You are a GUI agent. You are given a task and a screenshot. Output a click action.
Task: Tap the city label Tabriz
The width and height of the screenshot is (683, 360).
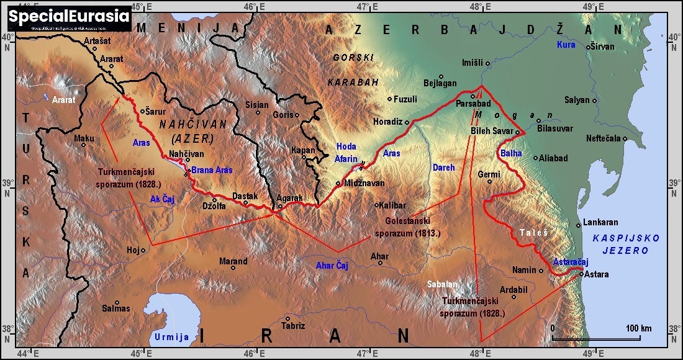pos(293,326)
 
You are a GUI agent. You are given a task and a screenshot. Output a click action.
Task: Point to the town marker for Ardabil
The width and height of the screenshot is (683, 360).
pos(514,297)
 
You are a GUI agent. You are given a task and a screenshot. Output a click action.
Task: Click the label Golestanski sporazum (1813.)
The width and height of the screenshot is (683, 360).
pos(408,227)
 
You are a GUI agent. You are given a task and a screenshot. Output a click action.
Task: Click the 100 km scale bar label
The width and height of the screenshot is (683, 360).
pos(638,328)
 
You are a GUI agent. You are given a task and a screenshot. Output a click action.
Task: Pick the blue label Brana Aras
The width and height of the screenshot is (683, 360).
pos(212,170)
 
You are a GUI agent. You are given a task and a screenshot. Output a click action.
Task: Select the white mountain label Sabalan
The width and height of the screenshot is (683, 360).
pos(442,284)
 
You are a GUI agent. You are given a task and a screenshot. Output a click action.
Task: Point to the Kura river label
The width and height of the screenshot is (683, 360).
pos(566,45)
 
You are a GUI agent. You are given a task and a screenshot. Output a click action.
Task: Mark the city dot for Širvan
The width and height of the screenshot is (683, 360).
pos(589,47)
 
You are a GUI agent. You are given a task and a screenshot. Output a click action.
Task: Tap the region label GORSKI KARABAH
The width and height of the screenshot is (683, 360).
pos(353,70)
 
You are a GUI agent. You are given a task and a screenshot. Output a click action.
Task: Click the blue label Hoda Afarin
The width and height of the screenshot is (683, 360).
pos(346,153)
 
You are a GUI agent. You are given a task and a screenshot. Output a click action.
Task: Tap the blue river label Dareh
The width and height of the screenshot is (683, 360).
pos(443,168)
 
